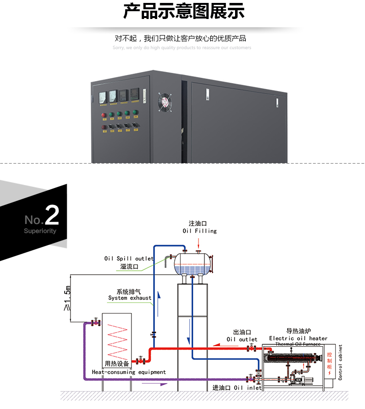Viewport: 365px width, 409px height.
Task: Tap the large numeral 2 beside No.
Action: click(x=52, y=215)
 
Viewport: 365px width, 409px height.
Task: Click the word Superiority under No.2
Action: click(x=40, y=231)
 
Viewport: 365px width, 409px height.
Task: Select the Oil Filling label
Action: click(x=200, y=231)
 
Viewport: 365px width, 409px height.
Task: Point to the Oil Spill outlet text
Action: click(x=129, y=259)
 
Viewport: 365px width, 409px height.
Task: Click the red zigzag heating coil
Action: click(x=117, y=341)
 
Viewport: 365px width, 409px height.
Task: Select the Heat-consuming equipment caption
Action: click(x=129, y=372)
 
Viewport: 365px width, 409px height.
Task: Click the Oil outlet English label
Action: click(x=242, y=339)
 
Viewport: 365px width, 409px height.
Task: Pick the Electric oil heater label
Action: click(x=298, y=338)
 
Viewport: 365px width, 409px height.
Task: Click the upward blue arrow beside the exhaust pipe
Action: click(x=158, y=298)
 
